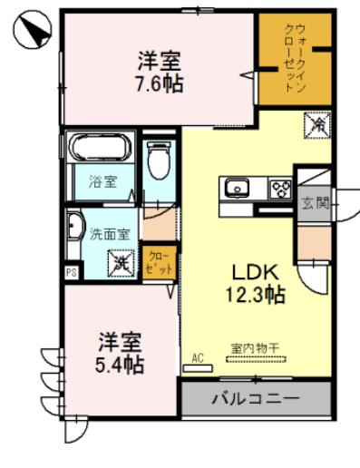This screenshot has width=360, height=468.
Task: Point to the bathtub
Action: [101, 148]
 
